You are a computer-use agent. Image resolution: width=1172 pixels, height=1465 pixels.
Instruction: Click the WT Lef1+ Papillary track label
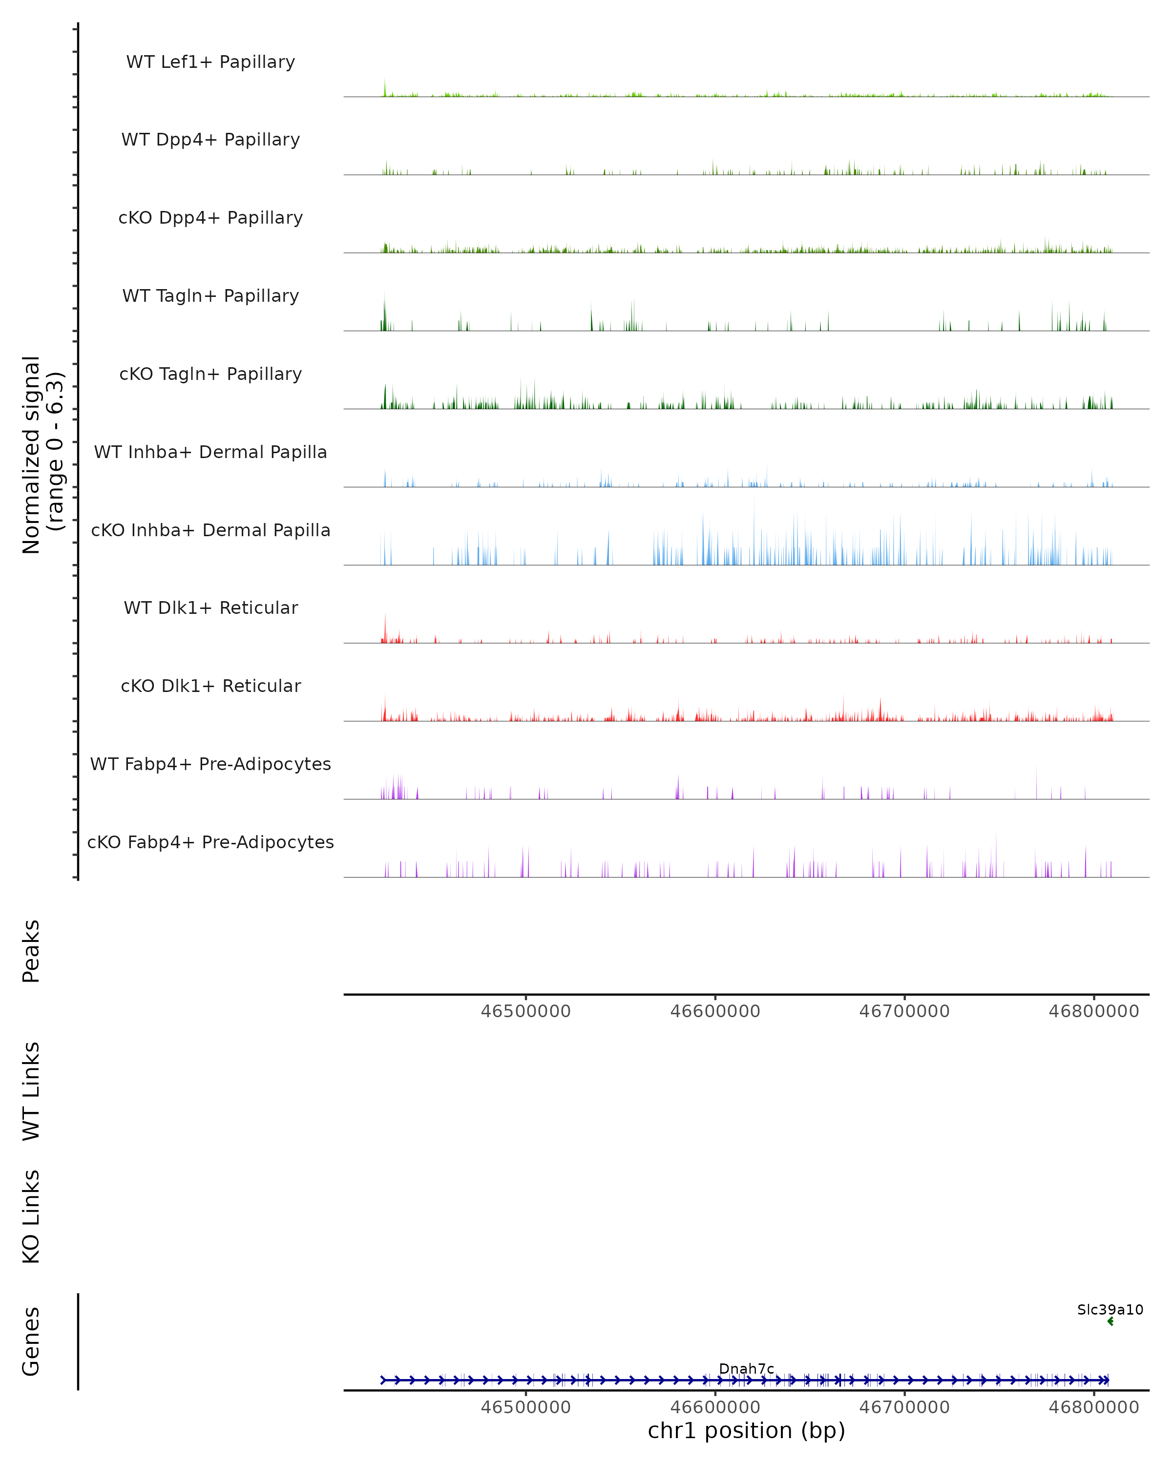pos(210,62)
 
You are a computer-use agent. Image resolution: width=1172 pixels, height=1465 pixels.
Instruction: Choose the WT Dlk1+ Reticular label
pos(210,607)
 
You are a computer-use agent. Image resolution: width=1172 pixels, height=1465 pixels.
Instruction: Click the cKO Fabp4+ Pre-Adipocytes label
pos(210,842)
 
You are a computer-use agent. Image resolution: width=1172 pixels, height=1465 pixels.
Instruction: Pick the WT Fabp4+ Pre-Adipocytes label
pos(210,764)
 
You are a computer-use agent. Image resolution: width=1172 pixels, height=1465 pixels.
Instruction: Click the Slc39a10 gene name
pos(1109,1309)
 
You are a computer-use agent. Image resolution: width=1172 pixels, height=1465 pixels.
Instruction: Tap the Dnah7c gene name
pos(746,1368)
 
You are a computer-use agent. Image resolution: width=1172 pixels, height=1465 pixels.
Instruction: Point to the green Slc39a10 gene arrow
pos(1110,1321)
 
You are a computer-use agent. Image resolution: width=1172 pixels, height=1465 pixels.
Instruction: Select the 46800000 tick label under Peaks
pos(1093,1011)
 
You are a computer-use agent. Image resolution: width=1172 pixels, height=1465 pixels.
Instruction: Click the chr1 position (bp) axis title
pos(746,1430)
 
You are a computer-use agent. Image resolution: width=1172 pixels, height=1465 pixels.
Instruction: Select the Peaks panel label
pos(31,951)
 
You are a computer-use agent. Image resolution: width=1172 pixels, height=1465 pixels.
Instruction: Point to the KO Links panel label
pos(31,1216)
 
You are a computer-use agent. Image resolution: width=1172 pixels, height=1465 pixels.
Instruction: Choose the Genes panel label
pos(31,1341)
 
